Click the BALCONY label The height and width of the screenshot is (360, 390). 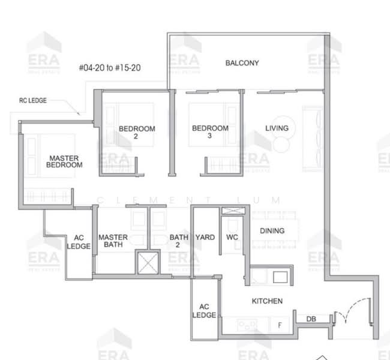tap(242, 63)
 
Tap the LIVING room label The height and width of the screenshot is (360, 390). tap(277, 128)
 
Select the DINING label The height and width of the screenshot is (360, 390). tap(272, 231)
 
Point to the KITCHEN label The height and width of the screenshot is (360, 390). tap(267, 301)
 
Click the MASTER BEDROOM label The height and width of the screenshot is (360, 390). tap(65, 161)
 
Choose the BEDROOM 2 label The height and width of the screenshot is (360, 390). tap(137, 132)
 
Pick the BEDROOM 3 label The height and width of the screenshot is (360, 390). tap(210, 132)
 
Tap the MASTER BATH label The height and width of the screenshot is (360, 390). tap(112, 241)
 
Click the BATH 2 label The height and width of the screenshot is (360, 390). tap(179, 241)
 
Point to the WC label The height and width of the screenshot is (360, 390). tap(233, 238)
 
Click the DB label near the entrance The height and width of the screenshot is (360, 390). tap(311, 319)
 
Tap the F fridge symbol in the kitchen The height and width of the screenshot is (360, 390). tap(279, 325)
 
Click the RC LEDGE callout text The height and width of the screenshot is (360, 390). tap(32, 101)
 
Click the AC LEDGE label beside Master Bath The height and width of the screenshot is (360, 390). tap(79, 241)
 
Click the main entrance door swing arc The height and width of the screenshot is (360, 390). tap(344, 316)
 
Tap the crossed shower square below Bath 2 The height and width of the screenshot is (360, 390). tap(147, 262)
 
